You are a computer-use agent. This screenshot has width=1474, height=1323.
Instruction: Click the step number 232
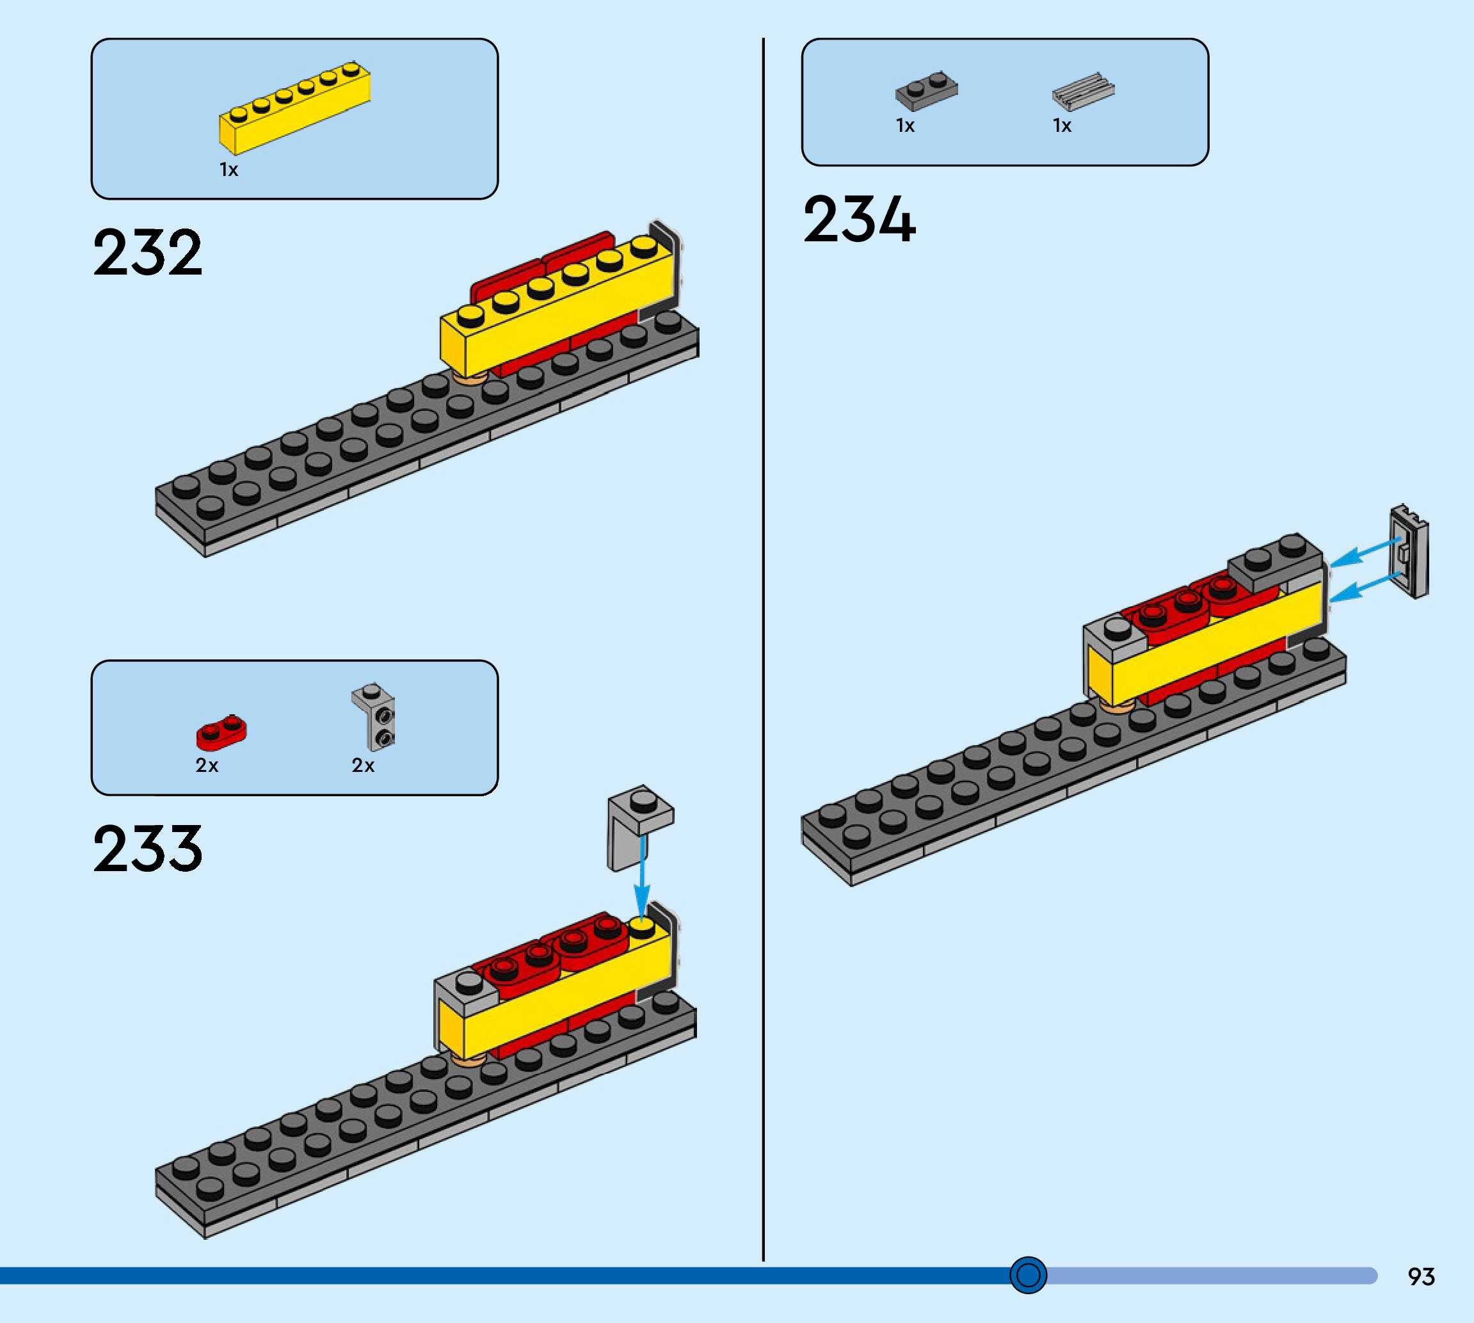(148, 252)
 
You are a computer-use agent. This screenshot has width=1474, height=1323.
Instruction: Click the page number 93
(1421, 1276)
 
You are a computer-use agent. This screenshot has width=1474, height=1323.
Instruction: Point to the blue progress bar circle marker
(1028, 1274)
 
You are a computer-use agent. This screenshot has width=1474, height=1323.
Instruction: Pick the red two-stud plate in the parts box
(221, 732)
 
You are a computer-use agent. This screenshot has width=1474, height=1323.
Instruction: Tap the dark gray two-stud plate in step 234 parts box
(926, 90)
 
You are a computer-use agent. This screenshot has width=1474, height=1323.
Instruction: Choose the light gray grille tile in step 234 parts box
(1083, 91)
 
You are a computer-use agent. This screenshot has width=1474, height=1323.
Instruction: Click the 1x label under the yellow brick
(229, 170)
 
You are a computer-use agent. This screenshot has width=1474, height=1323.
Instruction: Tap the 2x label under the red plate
(207, 766)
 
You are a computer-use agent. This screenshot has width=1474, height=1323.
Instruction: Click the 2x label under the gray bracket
(363, 766)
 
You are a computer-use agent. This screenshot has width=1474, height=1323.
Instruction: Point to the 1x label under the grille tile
(1062, 125)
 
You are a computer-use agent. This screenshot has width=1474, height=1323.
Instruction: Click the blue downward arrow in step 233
(642, 879)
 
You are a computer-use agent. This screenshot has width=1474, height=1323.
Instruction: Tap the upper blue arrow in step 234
(1365, 552)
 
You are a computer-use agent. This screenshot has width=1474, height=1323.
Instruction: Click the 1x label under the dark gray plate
(905, 125)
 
